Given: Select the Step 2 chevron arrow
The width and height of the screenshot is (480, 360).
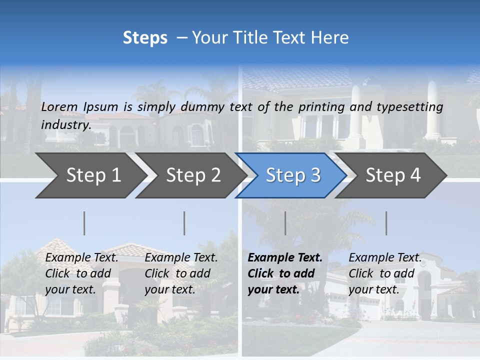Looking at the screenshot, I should coord(193,175).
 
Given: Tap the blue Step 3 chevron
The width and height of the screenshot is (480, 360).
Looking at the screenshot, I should coord(293,175).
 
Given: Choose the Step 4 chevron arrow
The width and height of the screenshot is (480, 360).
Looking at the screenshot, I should coord(393,175).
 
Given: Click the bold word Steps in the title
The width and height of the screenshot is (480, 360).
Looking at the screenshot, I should coord(145,38).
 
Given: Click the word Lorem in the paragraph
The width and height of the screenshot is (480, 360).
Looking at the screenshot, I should coord(58,107).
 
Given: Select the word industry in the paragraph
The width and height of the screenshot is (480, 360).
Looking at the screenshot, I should coord(65,125).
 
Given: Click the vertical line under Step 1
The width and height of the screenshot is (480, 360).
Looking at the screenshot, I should coord(84,223).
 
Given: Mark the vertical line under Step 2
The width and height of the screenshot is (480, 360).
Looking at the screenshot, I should coord(184,223).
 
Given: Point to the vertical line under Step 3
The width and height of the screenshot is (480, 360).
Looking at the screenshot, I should coord(285,223).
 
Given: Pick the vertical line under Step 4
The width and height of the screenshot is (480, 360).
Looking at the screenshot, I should coord(386,223).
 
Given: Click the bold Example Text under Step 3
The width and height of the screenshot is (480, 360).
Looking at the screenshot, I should coord(285,258).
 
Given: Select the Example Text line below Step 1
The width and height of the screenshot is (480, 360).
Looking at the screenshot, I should coord(81,258).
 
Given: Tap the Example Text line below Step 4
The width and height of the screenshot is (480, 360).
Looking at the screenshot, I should coord(385,258).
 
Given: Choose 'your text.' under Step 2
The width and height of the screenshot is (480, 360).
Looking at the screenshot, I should coord(170,290).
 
